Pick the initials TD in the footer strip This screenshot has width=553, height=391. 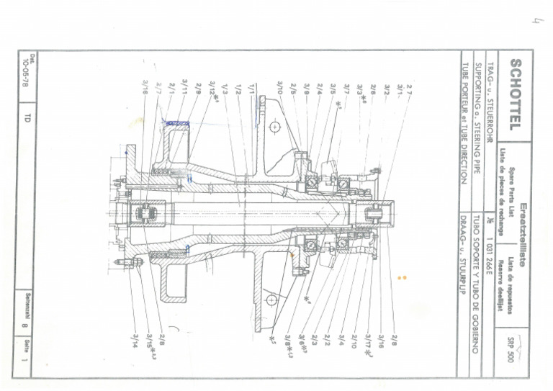tap(28, 117)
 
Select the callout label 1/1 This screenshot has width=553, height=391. tap(251, 89)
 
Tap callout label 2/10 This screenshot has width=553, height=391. tap(354, 338)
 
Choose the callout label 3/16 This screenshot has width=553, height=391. tap(382, 338)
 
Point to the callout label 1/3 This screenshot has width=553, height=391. tap(225, 89)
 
